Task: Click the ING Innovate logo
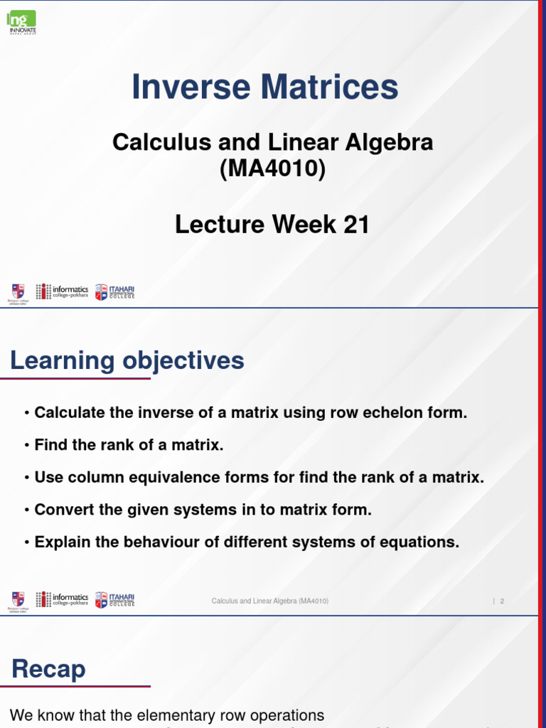21,22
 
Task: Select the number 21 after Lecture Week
356,225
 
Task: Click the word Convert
62,510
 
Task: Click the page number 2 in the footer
502,601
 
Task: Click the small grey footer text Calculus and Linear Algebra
269,601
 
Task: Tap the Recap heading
48,669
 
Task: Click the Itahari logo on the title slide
114,291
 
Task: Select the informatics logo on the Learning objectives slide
63,599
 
